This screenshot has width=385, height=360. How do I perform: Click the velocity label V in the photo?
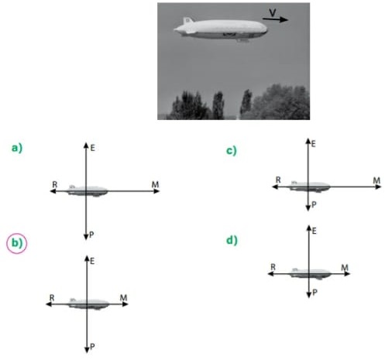(x=273, y=12)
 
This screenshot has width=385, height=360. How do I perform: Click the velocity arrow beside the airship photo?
(x=275, y=19)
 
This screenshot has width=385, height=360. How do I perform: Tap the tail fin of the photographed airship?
(x=187, y=21)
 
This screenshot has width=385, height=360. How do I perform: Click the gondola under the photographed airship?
(x=242, y=40)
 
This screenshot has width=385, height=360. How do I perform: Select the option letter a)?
(x=17, y=148)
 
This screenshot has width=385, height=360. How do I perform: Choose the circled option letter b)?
(x=17, y=243)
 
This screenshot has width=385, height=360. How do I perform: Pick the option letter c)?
(x=232, y=150)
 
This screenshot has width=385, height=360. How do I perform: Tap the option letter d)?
(x=232, y=240)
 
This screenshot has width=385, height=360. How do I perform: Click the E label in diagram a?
(x=92, y=148)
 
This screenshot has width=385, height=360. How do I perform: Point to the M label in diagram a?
(x=155, y=185)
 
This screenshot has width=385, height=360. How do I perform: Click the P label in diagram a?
(x=91, y=235)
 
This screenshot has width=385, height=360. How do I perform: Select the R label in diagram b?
(x=52, y=298)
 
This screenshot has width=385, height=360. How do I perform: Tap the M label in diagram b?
(x=124, y=298)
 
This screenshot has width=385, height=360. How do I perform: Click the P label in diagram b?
(x=92, y=347)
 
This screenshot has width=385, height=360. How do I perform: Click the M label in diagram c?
(x=376, y=180)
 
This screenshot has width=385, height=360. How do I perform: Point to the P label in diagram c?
(x=314, y=204)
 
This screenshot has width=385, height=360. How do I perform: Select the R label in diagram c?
(x=278, y=180)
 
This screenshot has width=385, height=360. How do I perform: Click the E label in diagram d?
(x=314, y=231)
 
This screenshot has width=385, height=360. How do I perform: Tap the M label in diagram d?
(x=345, y=268)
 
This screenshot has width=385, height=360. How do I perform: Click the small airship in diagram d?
(x=311, y=274)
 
